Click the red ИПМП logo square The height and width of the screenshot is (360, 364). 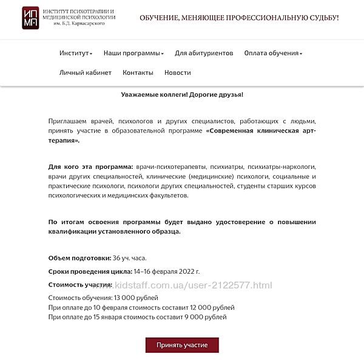pos(31,17)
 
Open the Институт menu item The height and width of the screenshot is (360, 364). pos(75,53)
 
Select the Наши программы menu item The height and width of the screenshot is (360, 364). pos(133,53)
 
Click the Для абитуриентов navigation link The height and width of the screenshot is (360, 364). pos(204,53)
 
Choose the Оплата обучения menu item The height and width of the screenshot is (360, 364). pos(272,53)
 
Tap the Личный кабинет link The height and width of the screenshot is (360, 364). pos(86,73)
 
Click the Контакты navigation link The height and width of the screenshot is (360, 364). pos(138,73)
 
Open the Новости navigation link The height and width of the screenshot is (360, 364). pos(178,73)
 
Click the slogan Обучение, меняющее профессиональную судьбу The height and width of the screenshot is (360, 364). pos(239,18)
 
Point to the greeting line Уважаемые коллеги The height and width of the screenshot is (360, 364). pos(182,95)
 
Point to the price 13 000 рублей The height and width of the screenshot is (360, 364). pos(136,298)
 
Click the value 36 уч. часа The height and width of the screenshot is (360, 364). pos(130,258)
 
